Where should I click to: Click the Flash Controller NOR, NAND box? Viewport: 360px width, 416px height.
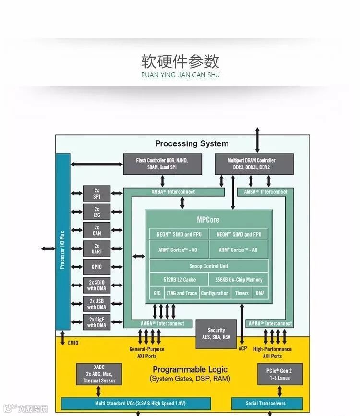tap(162, 164)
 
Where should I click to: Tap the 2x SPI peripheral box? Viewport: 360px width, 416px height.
tap(96, 194)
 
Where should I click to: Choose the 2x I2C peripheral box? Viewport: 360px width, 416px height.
tap(96, 212)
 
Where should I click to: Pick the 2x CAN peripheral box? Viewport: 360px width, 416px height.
tap(96, 230)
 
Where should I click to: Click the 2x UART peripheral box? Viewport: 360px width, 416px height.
tap(96, 249)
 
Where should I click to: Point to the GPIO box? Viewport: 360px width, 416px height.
tap(96, 267)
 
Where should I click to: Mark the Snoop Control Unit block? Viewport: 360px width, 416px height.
tap(209, 266)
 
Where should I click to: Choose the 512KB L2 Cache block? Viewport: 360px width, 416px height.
tap(179, 280)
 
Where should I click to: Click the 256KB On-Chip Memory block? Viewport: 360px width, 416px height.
tap(238, 280)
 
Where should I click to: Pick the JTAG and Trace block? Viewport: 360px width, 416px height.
tap(181, 293)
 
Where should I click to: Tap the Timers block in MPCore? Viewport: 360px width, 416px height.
tap(242, 293)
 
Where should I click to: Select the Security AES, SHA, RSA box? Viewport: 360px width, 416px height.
tap(216, 333)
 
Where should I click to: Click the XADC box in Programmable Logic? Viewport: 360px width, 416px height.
tap(99, 374)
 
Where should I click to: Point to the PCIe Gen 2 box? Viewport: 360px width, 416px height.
tap(280, 374)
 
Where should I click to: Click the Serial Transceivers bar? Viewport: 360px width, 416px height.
tap(267, 404)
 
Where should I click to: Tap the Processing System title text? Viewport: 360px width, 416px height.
tap(192, 143)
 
